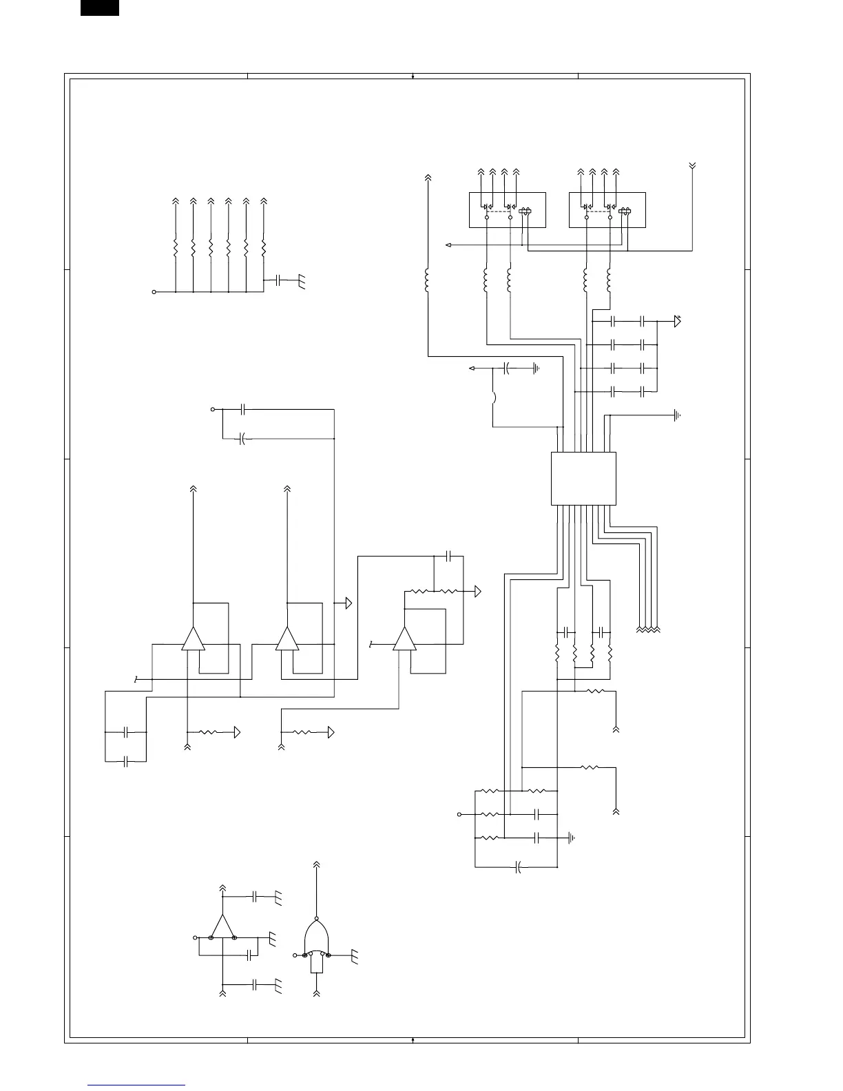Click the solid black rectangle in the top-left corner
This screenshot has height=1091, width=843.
[99, 8]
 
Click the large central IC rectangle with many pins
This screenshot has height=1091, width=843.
[583, 479]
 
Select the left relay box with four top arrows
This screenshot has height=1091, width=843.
[507, 210]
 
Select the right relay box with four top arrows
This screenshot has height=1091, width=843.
[607, 210]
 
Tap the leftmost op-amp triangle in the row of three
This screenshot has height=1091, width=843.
[194, 639]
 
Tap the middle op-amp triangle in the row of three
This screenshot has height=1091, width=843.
[287, 639]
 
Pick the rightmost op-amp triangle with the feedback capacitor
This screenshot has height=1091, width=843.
[404, 639]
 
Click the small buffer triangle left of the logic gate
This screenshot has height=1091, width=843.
[222, 926]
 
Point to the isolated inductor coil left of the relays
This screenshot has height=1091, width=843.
[428, 281]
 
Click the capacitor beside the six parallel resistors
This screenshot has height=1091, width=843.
[278, 280]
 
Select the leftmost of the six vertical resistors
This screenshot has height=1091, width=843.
[176, 246]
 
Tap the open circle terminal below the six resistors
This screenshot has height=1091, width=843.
[154, 292]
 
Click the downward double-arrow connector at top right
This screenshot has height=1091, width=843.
[692, 166]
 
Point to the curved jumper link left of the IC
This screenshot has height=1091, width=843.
[495, 397]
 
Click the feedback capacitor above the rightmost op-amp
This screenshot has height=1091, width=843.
[448, 554]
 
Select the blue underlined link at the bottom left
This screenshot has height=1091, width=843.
[136, 1085]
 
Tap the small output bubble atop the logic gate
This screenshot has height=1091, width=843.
[316, 918]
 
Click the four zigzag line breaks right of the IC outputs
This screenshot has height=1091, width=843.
[649, 629]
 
